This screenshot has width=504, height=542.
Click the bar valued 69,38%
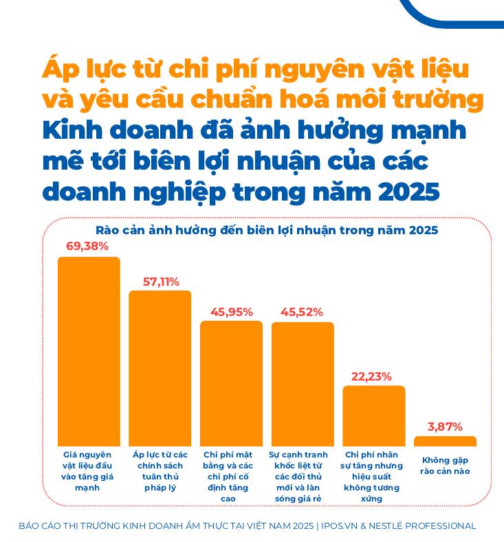(x=89, y=352)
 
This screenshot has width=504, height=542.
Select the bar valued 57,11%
(x=160, y=368)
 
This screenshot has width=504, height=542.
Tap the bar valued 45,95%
(x=231, y=383)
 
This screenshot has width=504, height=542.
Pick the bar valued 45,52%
(x=303, y=384)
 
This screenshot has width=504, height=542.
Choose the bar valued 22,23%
(x=374, y=416)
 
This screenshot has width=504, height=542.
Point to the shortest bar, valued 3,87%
(x=445, y=441)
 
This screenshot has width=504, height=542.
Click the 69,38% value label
(x=87, y=246)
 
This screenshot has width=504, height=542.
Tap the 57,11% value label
(x=161, y=282)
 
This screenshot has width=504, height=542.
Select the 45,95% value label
(x=232, y=312)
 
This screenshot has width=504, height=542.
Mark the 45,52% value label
(x=302, y=312)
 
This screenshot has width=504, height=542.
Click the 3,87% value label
(x=445, y=427)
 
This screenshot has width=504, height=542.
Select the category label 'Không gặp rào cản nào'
(x=445, y=465)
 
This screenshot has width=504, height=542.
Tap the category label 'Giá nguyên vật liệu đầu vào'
(x=87, y=471)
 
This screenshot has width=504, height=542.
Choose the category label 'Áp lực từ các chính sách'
(x=160, y=471)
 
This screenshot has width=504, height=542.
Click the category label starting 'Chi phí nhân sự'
(x=372, y=476)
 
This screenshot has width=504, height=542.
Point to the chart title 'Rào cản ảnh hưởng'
(x=267, y=230)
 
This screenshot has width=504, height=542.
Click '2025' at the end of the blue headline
(x=409, y=192)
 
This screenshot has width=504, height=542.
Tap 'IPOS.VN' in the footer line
(x=341, y=526)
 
